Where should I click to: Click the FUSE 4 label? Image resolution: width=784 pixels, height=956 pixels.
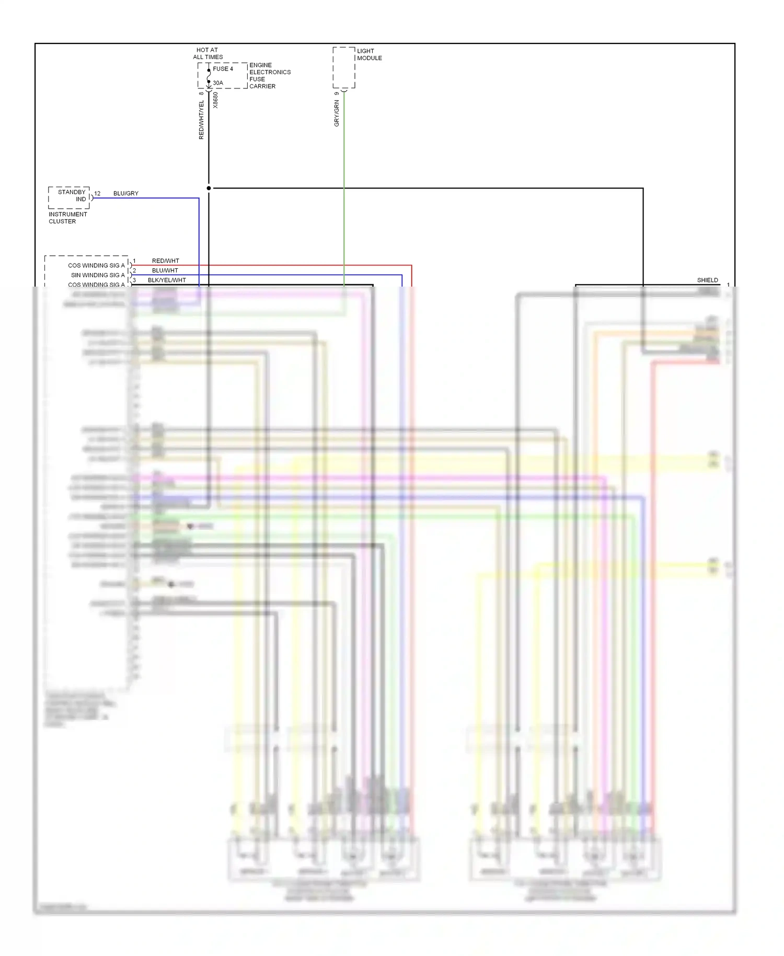click(x=223, y=69)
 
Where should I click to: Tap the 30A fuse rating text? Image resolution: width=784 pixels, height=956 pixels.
click(x=217, y=83)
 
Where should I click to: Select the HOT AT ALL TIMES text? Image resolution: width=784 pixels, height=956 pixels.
click(x=207, y=53)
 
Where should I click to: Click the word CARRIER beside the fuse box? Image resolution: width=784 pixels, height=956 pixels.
click(x=262, y=86)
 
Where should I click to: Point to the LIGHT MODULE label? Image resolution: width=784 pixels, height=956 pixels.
click(x=369, y=54)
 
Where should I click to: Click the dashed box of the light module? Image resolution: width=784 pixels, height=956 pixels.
click(x=343, y=67)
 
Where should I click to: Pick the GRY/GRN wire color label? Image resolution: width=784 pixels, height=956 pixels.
click(x=337, y=113)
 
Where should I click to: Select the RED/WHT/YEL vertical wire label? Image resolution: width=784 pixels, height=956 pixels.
click(x=201, y=120)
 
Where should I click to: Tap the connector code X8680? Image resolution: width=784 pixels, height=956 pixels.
click(x=215, y=100)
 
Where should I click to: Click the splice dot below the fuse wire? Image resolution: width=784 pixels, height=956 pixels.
click(x=209, y=188)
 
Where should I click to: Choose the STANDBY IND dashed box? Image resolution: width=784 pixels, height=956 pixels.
click(x=69, y=197)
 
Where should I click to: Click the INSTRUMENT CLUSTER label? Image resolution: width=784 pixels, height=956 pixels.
click(x=67, y=218)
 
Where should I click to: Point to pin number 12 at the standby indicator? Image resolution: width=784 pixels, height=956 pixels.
click(x=97, y=194)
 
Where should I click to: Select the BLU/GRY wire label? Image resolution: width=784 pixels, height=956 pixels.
click(x=126, y=194)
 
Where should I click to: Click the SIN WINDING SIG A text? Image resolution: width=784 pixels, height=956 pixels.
click(x=98, y=275)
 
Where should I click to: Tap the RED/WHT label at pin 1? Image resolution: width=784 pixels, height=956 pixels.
click(x=165, y=260)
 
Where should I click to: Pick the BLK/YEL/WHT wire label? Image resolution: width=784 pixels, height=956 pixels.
click(x=167, y=280)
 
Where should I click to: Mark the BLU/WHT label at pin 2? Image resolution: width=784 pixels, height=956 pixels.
click(x=165, y=270)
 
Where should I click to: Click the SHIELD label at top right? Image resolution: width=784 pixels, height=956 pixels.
click(x=707, y=280)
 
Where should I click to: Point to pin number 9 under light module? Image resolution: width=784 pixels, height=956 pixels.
click(x=337, y=94)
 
